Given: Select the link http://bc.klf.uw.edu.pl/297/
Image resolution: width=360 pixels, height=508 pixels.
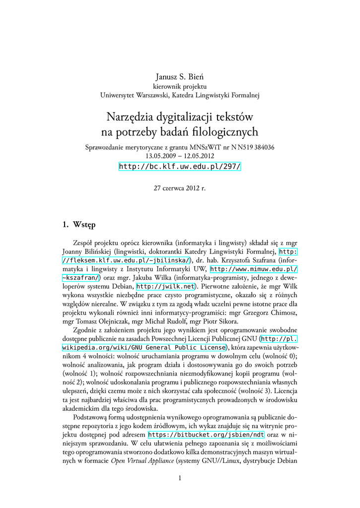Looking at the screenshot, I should point(180,166).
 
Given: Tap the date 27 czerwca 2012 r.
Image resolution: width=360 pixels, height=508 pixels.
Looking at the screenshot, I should point(180,189).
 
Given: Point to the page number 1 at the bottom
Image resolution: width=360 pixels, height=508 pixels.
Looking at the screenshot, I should point(180,478).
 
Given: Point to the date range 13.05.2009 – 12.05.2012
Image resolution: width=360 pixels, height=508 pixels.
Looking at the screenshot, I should point(180,155).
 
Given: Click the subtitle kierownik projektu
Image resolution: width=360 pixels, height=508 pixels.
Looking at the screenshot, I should point(180,86).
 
